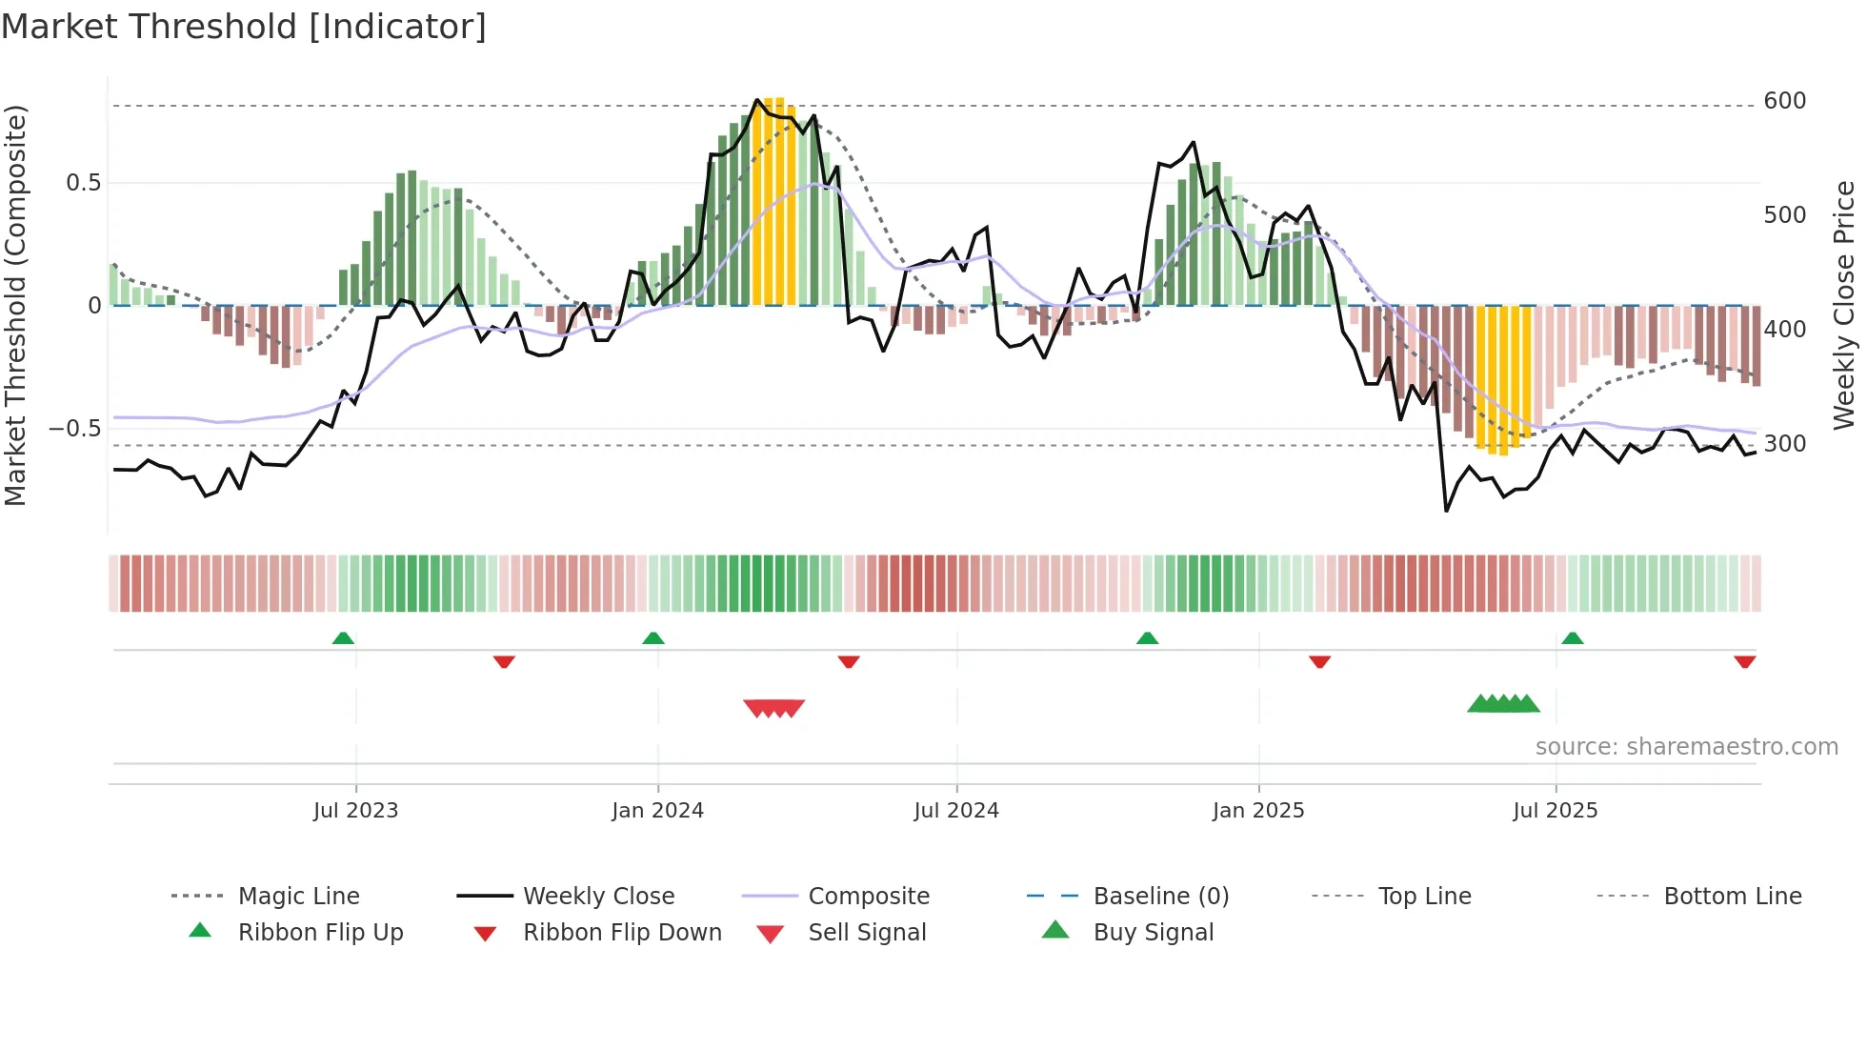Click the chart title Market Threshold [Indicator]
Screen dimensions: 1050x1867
click(244, 27)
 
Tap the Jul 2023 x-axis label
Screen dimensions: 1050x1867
click(355, 811)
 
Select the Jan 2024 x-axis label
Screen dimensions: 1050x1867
click(657, 811)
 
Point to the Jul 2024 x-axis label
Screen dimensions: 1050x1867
click(956, 811)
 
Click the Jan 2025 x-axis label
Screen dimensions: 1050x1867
click(1258, 811)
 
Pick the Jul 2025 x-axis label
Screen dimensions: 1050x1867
click(1556, 811)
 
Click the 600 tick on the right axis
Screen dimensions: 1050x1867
click(1784, 101)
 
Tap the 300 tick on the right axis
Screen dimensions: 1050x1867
click(1784, 444)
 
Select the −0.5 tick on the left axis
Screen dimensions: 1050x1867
click(75, 429)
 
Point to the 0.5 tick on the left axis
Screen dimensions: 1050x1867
click(83, 183)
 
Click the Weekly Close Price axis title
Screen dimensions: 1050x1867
click(1844, 305)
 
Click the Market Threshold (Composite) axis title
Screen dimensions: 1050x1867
click(15, 305)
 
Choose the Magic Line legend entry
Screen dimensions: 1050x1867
click(298, 897)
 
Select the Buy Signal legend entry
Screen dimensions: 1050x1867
click(1153, 933)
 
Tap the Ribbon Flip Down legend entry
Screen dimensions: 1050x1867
click(621, 933)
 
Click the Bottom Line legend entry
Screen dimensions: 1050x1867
click(1732, 897)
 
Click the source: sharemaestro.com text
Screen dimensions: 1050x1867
click(1686, 747)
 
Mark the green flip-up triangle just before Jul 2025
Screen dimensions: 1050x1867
click(1573, 638)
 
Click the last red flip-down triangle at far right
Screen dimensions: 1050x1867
click(1745, 661)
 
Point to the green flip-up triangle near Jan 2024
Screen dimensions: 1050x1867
click(653, 638)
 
